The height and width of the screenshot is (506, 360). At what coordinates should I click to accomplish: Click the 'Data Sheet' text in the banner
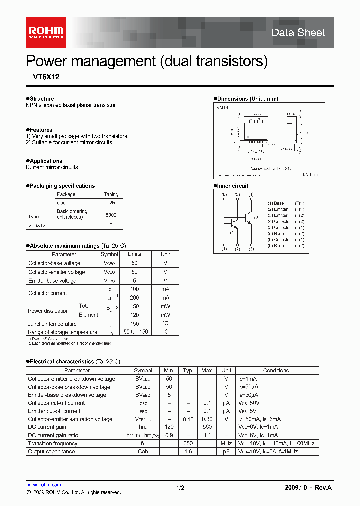tap(298, 33)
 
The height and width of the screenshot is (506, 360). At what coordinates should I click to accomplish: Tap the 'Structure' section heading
tap(41, 99)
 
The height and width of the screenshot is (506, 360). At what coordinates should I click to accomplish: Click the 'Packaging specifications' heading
tap(62, 186)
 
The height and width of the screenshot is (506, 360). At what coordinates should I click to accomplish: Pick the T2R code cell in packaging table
tap(111, 203)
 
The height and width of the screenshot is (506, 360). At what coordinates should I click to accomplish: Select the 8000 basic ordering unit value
tap(111, 214)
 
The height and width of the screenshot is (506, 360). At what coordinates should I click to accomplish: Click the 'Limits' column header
tap(134, 254)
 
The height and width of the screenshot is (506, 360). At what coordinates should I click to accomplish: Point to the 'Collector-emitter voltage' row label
tap(56, 272)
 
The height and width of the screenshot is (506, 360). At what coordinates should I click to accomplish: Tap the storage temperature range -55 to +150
tap(134, 332)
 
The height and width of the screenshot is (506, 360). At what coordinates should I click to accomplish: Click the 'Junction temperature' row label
tap(52, 324)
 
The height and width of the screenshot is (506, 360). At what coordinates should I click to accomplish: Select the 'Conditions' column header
tap(276, 371)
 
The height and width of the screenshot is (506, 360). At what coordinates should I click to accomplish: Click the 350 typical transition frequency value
tap(188, 443)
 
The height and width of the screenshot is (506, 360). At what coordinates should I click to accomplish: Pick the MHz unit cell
tap(226, 443)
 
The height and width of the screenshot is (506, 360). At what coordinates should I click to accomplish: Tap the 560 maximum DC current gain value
tap(207, 427)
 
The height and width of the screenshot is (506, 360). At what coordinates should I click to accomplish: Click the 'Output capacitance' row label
tap(51, 451)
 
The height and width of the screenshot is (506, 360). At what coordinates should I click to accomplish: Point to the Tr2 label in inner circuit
tap(255, 218)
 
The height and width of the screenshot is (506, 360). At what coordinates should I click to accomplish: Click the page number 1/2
tap(180, 488)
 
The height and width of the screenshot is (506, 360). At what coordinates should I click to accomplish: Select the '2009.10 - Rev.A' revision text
tap(308, 488)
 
